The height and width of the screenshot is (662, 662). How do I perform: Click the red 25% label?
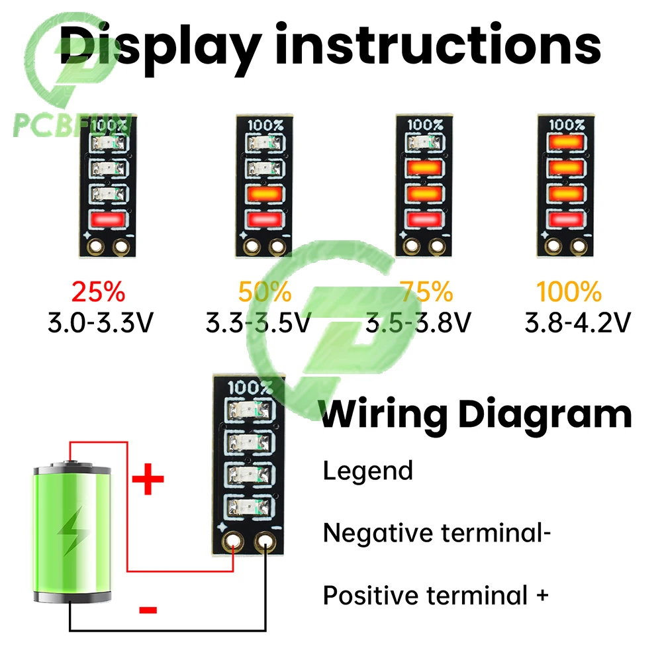pyautogui.click(x=98, y=292)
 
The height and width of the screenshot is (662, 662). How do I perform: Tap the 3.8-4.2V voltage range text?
pyautogui.click(x=577, y=322)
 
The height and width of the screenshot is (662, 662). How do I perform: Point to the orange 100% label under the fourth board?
pyautogui.click(x=569, y=292)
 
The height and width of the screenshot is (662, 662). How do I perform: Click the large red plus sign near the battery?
pyautogui.click(x=148, y=480)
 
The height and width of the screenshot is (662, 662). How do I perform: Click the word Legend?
pyautogui.click(x=367, y=471)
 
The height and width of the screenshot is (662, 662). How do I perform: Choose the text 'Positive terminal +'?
pyautogui.click(x=436, y=595)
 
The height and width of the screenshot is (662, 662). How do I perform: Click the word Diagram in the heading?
pyautogui.click(x=545, y=415)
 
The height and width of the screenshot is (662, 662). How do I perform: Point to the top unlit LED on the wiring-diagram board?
pyautogui.click(x=249, y=410)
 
